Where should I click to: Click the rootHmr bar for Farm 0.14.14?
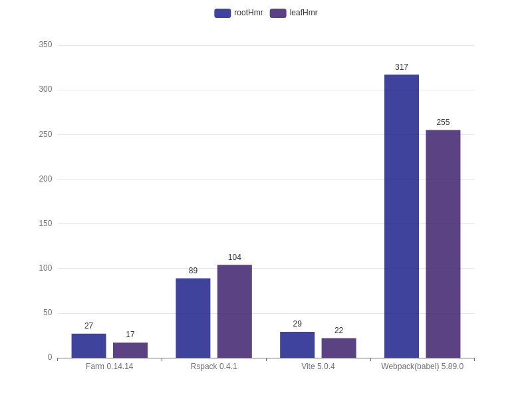[x=88, y=346]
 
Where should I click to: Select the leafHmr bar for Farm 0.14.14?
[x=130, y=350]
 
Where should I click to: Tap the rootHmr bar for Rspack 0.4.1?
[x=193, y=318]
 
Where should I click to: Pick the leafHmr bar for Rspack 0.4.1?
[x=235, y=311]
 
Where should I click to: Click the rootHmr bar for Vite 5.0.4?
[x=297, y=345]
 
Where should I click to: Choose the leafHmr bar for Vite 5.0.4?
[x=338, y=348]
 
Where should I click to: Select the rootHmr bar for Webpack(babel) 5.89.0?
[x=402, y=216]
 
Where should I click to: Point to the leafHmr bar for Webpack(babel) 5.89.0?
[x=443, y=244]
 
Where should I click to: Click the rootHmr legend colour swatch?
[x=222, y=13]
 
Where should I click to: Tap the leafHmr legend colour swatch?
[x=278, y=13]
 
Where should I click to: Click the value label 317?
[x=402, y=67]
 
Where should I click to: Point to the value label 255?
[x=443, y=122]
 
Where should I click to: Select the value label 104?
[x=235, y=257]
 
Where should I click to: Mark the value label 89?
[x=193, y=271]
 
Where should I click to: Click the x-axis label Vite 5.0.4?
[x=318, y=366]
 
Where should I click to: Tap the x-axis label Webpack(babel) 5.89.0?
[x=422, y=366]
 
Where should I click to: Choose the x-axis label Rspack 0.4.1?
[x=213, y=366]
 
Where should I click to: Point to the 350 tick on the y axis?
[x=45, y=45]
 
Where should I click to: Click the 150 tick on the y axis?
[x=45, y=223]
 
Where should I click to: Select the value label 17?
[x=130, y=334]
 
